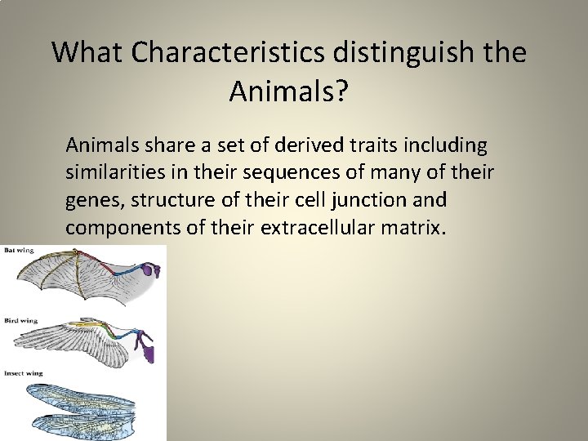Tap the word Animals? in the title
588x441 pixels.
tap(288, 92)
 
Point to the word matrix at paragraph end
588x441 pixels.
tap(413, 227)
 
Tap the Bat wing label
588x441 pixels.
tap(20, 250)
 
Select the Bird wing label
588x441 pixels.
tap(21, 319)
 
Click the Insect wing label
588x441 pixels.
tap(24, 373)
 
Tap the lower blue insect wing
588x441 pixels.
tap(90, 421)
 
